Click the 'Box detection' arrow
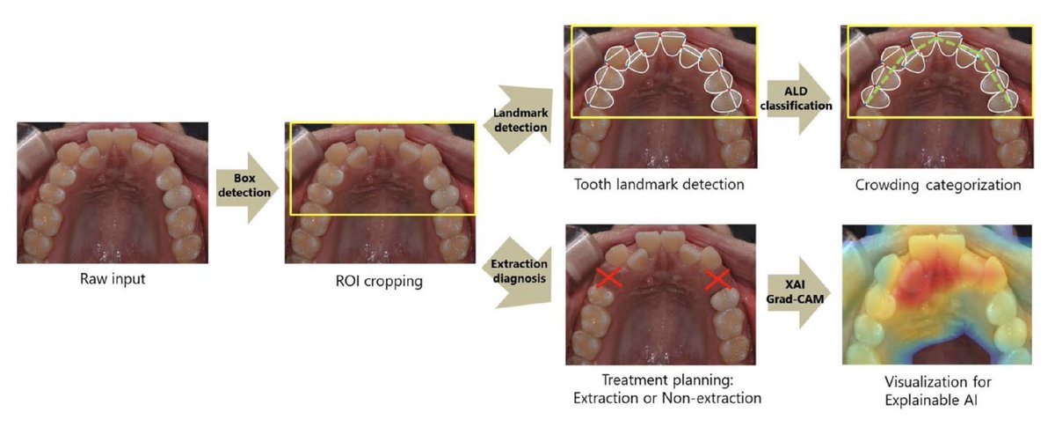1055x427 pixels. click(247, 188)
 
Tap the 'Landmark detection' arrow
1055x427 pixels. click(518, 120)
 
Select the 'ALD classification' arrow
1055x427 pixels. click(797, 99)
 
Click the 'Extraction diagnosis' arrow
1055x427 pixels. click(517, 272)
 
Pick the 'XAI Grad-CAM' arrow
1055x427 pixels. click(797, 292)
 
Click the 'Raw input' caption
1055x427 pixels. click(113, 279)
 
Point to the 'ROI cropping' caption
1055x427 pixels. click(379, 281)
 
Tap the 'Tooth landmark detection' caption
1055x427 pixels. click(658, 184)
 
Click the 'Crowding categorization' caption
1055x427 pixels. click(938, 185)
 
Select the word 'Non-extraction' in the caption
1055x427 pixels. click(711, 398)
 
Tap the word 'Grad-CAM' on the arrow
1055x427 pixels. click(795, 299)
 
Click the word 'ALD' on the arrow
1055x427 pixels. click(796, 91)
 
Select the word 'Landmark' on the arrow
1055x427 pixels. click(520, 113)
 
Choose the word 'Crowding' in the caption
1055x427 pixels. click(887, 185)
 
